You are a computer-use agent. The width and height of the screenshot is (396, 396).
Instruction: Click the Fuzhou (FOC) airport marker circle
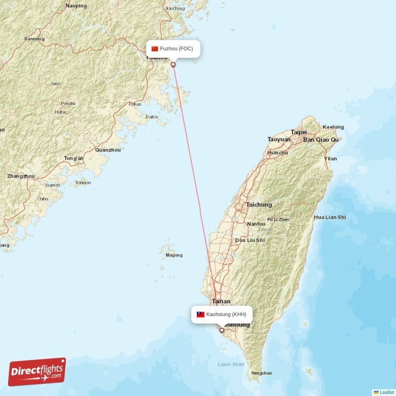click(x=173, y=64)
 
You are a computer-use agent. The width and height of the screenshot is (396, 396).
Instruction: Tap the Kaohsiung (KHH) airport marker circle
click(x=222, y=330)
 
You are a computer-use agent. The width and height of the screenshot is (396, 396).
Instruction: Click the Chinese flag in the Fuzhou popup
click(x=155, y=49)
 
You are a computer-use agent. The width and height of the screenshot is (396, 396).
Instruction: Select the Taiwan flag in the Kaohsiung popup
click(x=200, y=314)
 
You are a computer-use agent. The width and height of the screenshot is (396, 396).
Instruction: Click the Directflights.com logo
click(x=37, y=372)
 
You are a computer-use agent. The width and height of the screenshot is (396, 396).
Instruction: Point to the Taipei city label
click(x=298, y=132)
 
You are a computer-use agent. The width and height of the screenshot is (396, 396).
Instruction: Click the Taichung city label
click(x=259, y=204)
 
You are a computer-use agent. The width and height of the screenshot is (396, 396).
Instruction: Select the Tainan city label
click(x=221, y=301)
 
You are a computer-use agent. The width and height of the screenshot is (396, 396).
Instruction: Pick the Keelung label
click(x=333, y=127)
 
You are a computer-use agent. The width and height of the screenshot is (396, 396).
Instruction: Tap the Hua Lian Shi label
click(x=330, y=217)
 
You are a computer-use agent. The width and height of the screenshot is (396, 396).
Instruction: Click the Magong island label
click(x=174, y=255)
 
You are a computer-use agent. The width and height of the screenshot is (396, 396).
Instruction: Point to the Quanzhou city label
click(x=107, y=149)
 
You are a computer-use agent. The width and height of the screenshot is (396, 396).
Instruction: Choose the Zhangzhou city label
click(x=21, y=176)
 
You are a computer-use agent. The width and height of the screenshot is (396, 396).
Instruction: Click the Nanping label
click(x=76, y=6)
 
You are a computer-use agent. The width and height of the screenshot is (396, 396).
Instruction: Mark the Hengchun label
click(x=261, y=373)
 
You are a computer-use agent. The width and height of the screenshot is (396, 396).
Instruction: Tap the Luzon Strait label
click(x=231, y=364)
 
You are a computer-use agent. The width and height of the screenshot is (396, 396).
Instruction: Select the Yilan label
click(x=330, y=158)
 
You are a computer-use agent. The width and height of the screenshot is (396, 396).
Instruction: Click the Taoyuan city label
click(x=279, y=140)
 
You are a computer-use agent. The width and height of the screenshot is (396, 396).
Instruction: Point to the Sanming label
click(x=34, y=39)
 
